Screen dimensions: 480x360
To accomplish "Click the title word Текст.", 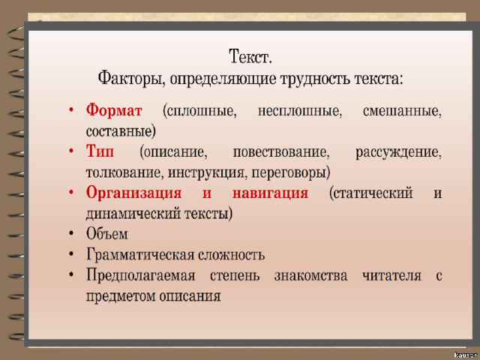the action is point(250,57).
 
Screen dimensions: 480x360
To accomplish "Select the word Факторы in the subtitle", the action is point(132,79).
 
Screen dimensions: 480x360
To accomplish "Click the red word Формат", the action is point(114,110).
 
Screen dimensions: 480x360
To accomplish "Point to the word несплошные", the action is point(300,111).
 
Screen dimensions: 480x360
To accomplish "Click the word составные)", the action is point(121,132).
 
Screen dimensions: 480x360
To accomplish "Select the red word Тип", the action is point(100,151).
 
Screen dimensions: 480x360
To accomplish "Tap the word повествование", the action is point(281,152).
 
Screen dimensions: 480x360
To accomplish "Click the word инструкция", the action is point(207,173).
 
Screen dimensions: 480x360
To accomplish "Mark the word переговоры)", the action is point(291,173).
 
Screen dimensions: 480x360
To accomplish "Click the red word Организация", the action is point(133,193).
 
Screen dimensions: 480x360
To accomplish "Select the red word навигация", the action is point(270,193).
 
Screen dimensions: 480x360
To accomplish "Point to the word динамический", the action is point(133,214).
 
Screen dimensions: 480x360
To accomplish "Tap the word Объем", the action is point(106,233).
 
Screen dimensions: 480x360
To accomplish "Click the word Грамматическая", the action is point(140,255).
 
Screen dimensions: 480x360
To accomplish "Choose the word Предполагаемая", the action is point(140,275).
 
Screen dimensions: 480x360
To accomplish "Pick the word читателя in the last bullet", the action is point(391,275).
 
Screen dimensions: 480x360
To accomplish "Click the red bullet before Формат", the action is point(71,109).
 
